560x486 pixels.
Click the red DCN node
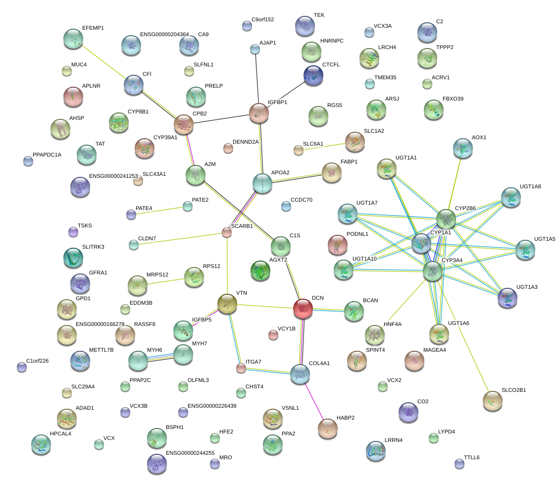tap(304, 308)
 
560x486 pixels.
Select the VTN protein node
tap(227, 303)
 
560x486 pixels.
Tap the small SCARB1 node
tap(227, 232)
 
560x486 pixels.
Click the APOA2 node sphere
tap(262, 183)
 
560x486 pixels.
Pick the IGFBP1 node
tap(258, 113)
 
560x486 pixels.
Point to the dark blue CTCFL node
tap(313, 75)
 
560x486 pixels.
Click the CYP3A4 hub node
tap(433, 271)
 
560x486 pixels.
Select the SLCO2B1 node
tap(492, 401)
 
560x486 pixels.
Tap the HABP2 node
tap(327, 428)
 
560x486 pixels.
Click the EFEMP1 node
tap(73, 39)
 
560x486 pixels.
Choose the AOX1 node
tap(462, 148)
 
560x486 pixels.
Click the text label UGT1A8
tap(530, 187)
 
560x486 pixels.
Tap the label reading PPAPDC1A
tap(47, 155)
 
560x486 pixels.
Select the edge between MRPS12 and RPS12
tap(166, 281)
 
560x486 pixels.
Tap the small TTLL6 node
tap(459, 464)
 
